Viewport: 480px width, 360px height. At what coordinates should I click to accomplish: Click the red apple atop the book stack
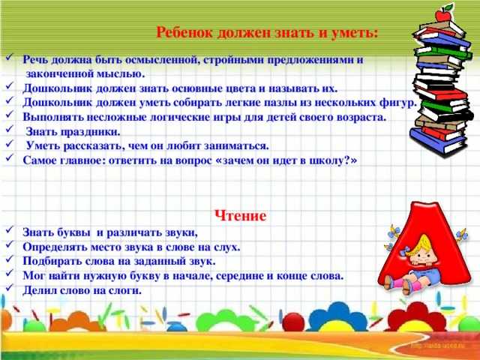(443, 14)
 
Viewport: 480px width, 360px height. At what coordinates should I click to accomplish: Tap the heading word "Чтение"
(240, 216)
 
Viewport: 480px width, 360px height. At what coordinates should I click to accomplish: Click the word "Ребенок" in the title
(184, 32)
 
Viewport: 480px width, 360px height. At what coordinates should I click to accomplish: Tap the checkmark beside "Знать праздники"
(9, 128)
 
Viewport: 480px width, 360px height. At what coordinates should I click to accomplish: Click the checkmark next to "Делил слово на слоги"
(9, 287)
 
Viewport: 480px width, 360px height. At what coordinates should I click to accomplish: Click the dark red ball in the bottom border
(293, 322)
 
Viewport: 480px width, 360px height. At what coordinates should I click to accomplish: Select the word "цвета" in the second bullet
(240, 88)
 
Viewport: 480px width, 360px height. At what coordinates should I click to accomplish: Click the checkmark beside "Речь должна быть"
(9, 56)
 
